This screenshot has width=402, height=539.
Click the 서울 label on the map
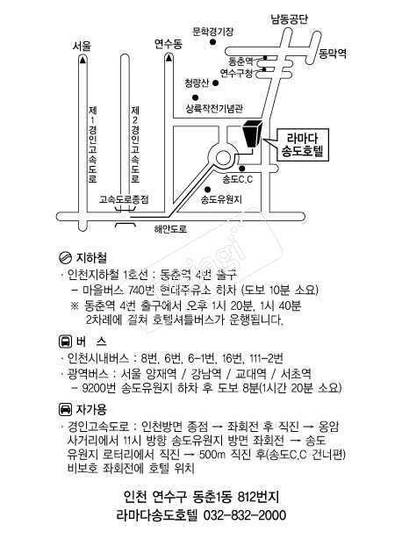[x=82, y=46]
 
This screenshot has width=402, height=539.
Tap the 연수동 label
[x=168, y=44]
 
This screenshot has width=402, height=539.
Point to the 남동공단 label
[x=290, y=19]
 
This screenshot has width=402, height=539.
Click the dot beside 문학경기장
[x=212, y=42]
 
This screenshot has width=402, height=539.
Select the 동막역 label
[x=333, y=54]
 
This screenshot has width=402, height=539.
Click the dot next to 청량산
[x=216, y=83]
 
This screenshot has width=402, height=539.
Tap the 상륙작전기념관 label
[x=214, y=109]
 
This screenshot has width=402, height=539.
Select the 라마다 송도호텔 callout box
[x=303, y=145]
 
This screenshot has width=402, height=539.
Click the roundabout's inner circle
[x=223, y=159]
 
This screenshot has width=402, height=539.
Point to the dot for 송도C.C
[x=242, y=169]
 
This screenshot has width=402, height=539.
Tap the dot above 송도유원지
[x=207, y=190]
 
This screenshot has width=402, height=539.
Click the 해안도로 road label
[x=170, y=229]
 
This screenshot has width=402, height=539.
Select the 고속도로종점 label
[x=124, y=199]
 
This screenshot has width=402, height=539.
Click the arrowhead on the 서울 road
[x=83, y=61]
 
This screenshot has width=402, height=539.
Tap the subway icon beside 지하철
[x=65, y=257]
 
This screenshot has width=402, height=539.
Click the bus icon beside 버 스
[x=65, y=341]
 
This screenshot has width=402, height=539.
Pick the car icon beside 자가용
[x=65, y=409]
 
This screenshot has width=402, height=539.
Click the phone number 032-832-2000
[x=245, y=515]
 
